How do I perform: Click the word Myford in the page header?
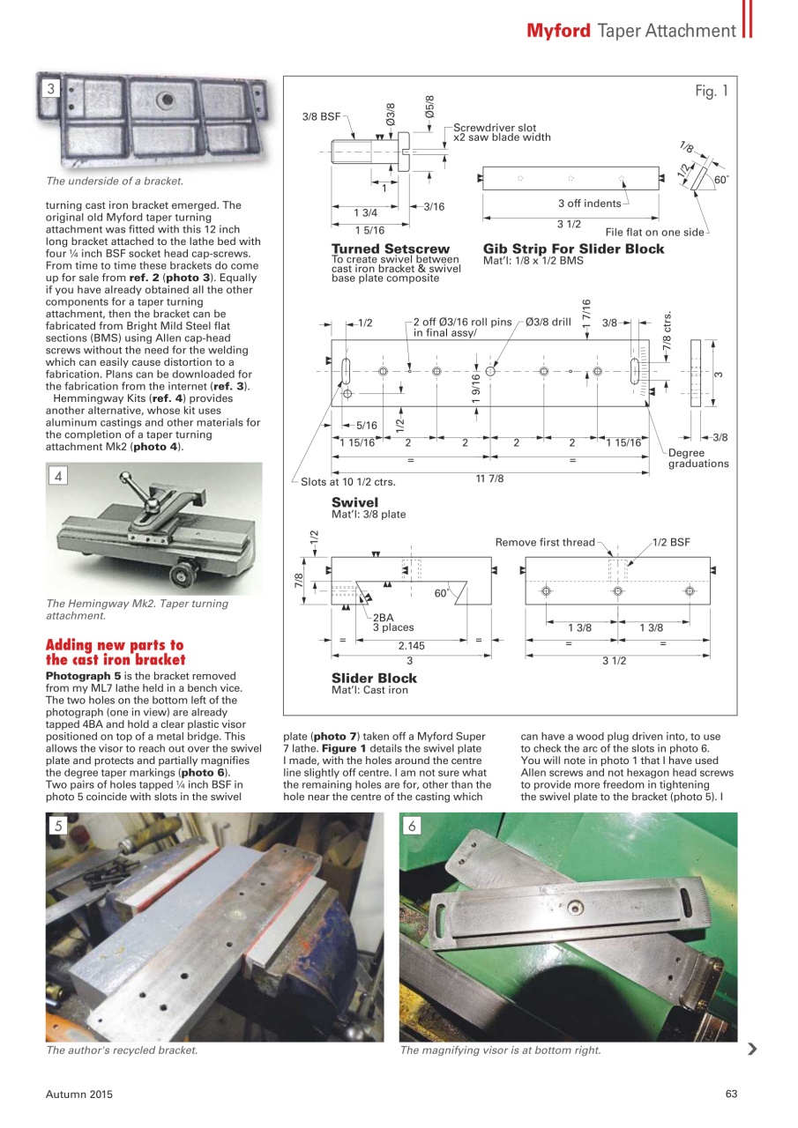[558, 31]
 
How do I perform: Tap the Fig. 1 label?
[711, 92]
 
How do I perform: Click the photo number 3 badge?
[52, 88]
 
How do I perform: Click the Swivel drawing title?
[354, 502]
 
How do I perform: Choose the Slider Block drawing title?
[374, 679]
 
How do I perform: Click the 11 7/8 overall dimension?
[488, 479]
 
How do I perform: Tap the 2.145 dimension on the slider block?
[410, 646]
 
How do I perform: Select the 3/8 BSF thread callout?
[321, 116]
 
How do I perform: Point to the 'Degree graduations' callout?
[697, 458]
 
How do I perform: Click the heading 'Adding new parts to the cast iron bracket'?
[115, 653]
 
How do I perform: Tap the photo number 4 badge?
[57, 476]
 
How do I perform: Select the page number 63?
[730, 1095]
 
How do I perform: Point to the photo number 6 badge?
[412, 826]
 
